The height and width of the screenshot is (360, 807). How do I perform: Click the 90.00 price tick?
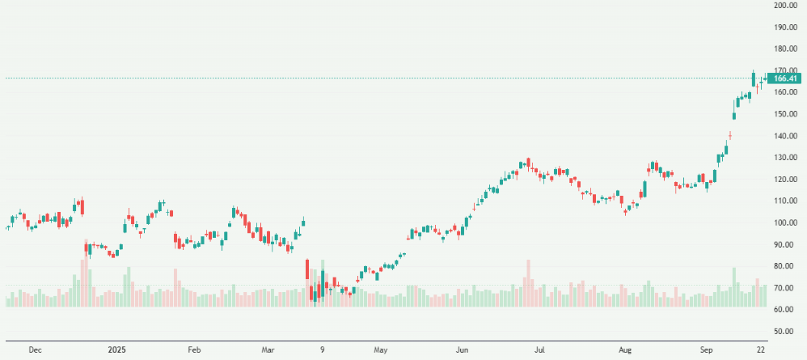[786, 244]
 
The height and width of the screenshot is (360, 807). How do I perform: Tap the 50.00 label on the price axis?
[786, 331]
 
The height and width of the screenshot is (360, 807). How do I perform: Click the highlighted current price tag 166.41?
[786, 78]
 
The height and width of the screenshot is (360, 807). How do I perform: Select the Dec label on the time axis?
[35, 350]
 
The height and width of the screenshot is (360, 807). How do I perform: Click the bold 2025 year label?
[118, 350]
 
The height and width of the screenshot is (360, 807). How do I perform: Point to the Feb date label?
[194, 350]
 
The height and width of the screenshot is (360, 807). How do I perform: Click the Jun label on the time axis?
[463, 350]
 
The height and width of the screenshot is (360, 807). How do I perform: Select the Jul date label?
[539, 350]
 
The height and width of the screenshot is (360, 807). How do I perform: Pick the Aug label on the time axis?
[625, 350]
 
